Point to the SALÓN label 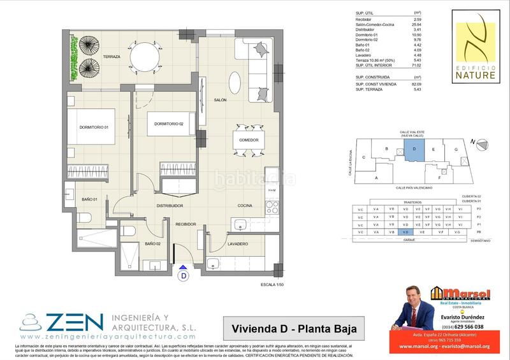click(x=221, y=100)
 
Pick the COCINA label click(x=246, y=206)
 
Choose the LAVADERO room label click(x=237, y=243)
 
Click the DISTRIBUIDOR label click(x=170, y=206)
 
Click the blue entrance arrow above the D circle click(x=184, y=268)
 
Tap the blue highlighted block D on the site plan click(x=414, y=150)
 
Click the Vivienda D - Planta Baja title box click(x=289, y=329)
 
